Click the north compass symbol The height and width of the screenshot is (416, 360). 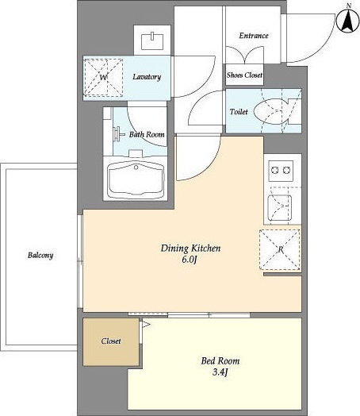click(x=348, y=21)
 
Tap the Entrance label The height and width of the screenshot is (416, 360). click(x=254, y=36)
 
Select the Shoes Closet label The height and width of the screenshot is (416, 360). click(x=244, y=75)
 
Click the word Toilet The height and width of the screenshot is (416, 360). click(x=239, y=112)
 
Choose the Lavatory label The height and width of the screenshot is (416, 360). click(x=147, y=77)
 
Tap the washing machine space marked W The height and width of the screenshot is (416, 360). click(x=104, y=78)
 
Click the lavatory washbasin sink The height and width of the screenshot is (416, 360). click(x=152, y=40)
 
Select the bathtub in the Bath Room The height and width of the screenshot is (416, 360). click(x=136, y=179)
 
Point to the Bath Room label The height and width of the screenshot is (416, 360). click(x=147, y=134)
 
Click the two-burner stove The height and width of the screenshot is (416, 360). click(x=281, y=171)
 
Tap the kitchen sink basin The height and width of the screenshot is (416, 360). click(x=279, y=208)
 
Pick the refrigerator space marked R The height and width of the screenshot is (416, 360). click(x=280, y=249)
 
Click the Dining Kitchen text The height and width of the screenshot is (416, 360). click(x=190, y=248)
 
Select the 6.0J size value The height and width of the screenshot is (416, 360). click(x=190, y=260)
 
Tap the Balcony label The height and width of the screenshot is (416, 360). click(x=40, y=255)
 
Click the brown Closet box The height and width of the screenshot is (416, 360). click(x=111, y=341)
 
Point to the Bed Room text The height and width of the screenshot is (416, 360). click(x=220, y=360)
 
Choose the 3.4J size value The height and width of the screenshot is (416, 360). click(x=220, y=372)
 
